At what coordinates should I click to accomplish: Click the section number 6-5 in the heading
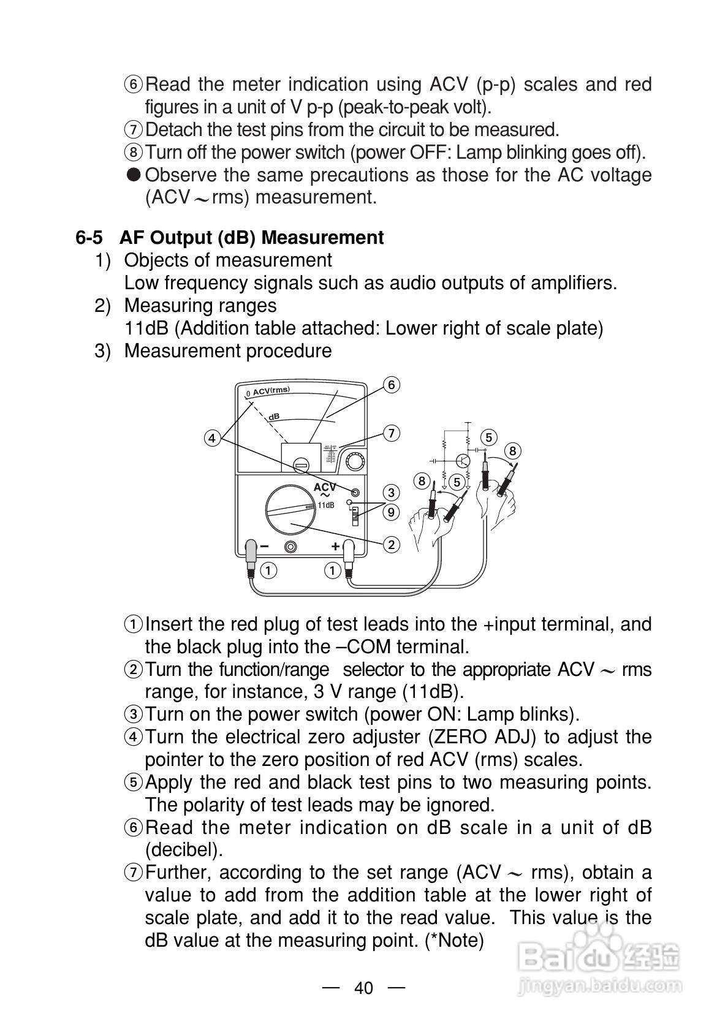click(89, 238)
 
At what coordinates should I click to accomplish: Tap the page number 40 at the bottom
click(363, 988)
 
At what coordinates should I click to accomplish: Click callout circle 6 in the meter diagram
click(391, 385)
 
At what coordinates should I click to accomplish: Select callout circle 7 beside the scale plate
click(391, 433)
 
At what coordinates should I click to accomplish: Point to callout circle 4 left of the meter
click(212, 438)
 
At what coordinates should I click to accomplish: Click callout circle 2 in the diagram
click(391, 544)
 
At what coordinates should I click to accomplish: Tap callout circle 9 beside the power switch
click(391, 512)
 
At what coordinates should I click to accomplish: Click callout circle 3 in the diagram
click(391, 493)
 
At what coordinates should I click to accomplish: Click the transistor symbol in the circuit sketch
click(464, 460)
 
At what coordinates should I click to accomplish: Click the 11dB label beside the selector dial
click(326, 505)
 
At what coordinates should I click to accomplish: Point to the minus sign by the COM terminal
click(264, 546)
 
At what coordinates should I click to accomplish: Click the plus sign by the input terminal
click(335, 546)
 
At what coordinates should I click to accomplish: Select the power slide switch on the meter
click(354, 516)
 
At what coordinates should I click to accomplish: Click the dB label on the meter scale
click(274, 417)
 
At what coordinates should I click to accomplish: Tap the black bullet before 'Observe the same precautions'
click(134, 175)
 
